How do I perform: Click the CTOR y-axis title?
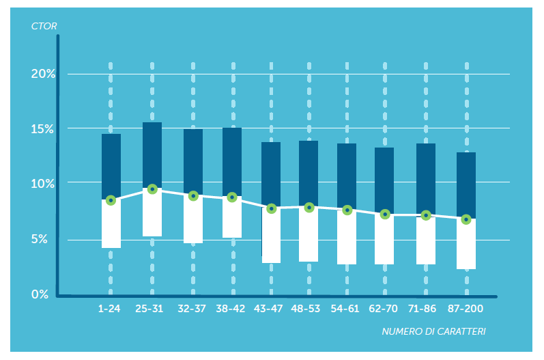44,27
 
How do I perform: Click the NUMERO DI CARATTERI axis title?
433,331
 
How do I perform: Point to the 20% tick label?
43,74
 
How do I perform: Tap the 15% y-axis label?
43,129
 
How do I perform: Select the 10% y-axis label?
43,184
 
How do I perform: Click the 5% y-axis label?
46,240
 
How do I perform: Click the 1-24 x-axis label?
109,309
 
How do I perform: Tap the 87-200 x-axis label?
466,309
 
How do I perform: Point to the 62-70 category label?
383,309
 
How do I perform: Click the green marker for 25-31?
152,189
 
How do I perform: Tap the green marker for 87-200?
466,219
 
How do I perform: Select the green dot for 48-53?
309,207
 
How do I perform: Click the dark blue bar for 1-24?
111,166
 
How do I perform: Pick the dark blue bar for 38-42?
232,162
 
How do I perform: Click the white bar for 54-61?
347,237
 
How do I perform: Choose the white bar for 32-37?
193,220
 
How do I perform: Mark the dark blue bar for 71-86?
426,179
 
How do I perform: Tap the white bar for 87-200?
466,245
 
